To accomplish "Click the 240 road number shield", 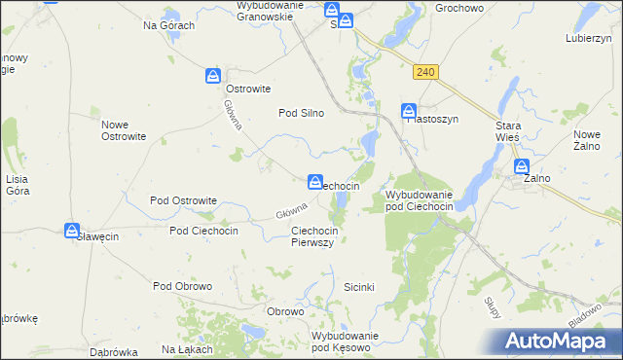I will [x=424, y=72].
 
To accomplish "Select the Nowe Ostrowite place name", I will [x=124, y=130].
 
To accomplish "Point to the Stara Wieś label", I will [x=508, y=132].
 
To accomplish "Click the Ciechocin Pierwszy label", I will [x=313, y=236].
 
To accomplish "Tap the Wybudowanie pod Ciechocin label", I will [x=420, y=200].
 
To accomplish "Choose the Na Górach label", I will [x=169, y=25].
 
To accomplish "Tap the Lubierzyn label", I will [x=587, y=39].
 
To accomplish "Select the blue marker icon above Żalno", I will [x=523, y=166].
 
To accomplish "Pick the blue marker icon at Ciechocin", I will [x=315, y=181].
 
